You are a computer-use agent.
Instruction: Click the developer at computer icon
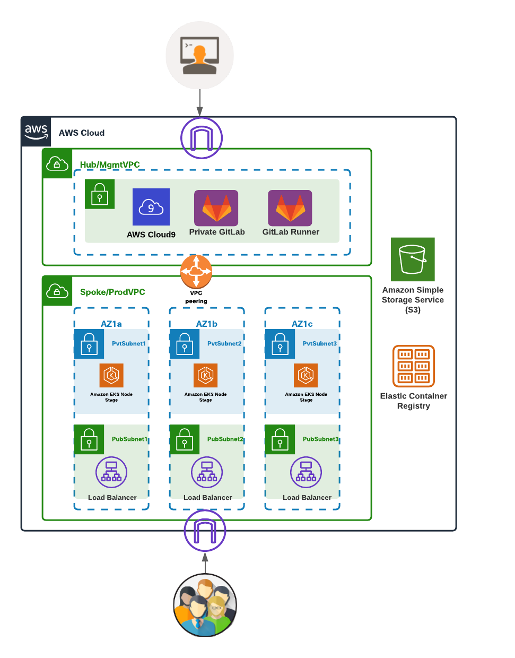click(199, 55)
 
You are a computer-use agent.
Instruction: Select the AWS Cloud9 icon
click(151, 207)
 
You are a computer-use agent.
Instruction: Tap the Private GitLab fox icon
click(216, 207)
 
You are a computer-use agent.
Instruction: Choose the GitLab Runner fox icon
click(290, 207)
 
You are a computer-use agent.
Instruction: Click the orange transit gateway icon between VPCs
click(196, 272)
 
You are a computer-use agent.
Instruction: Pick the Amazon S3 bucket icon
click(413, 259)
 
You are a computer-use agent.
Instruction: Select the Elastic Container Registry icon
click(414, 366)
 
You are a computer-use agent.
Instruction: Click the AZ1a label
click(111, 324)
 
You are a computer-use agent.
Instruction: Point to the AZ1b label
click(206, 324)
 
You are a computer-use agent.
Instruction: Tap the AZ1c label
click(302, 324)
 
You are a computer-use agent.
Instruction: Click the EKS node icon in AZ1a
click(111, 376)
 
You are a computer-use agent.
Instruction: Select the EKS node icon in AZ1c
click(306, 376)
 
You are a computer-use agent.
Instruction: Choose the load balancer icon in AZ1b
click(207, 472)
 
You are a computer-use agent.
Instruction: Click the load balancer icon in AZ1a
click(111, 472)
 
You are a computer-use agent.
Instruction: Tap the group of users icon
click(205, 605)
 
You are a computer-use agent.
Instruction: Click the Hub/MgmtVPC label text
click(110, 164)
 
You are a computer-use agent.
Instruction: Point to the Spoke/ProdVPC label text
click(112, 292)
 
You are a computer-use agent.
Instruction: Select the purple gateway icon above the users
click(205, 531)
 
